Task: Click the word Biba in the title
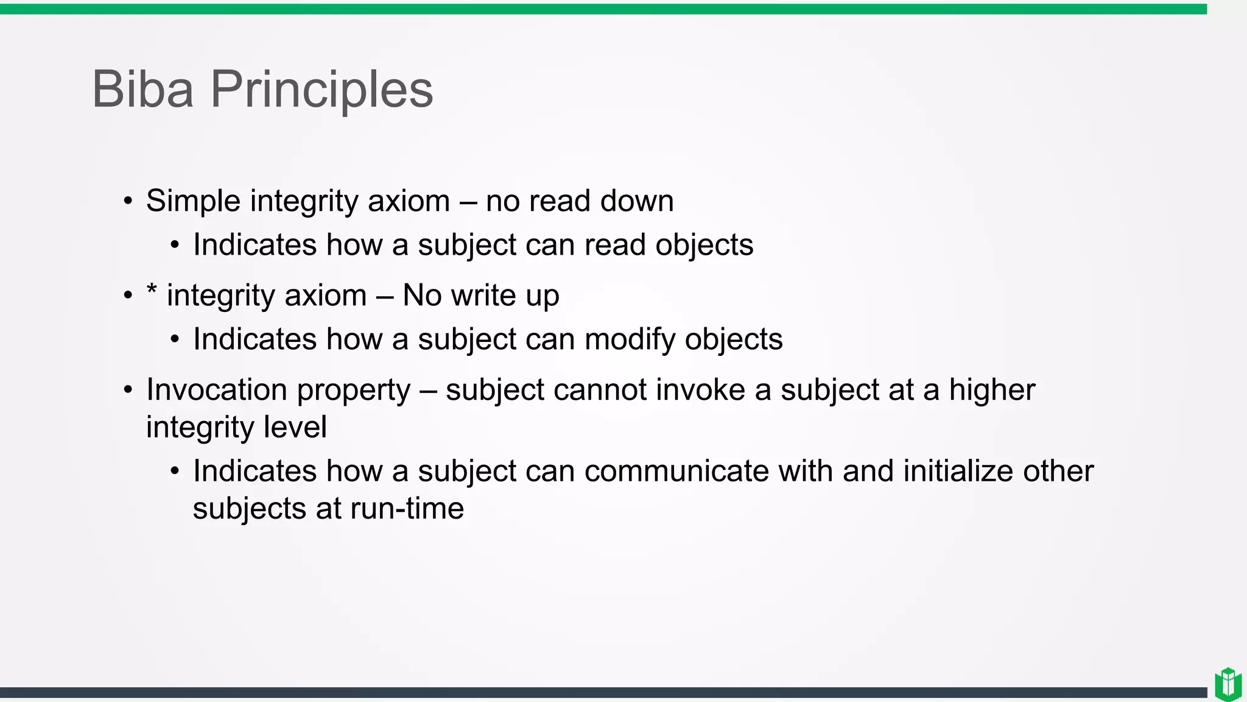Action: [x=142, y=90]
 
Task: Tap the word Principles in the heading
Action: [x=321, y=90]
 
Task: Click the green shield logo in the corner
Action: [x=1228, y=684]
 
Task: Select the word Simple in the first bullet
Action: [x=193, y=201]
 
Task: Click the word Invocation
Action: [x=217, y=390]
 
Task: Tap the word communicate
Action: [x=676, y=471]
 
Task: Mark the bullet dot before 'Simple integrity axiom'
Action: [x=128, y=202]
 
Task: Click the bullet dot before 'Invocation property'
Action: [x=128, y=390]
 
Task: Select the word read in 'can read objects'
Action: [x=615, y=245]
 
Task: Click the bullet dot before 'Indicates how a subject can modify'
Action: [x=175, y=340]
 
